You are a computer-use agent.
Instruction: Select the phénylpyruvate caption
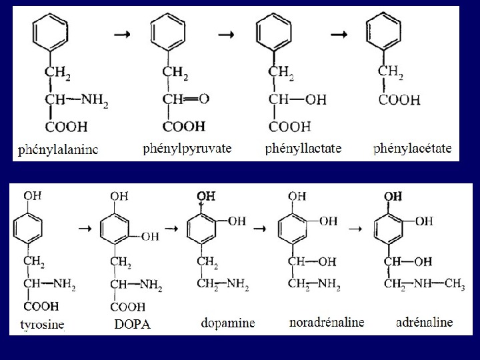187,148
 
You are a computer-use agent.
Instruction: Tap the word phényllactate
303,148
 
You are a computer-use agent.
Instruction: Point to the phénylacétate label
412,148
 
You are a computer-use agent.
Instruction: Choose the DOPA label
133,325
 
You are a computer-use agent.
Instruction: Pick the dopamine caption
228,323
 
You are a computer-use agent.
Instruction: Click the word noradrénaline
327,323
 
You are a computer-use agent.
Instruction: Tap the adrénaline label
424,323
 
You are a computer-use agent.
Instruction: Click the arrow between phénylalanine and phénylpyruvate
123,35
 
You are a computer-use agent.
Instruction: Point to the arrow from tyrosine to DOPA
84,228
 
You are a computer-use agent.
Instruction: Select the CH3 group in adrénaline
455,285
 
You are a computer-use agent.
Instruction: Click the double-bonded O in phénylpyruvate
204,99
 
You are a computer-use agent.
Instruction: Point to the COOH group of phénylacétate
399,101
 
